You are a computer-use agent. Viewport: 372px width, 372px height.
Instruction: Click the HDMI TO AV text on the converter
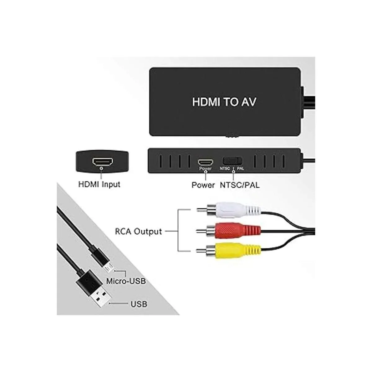click(x=224, y=102)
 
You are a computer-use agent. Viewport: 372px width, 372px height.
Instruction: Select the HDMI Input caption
click(x=99, y=184)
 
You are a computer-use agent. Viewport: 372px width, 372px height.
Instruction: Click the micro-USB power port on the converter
click(x=206, y=162)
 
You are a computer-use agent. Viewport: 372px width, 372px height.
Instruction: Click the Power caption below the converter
click(x=203, y=185)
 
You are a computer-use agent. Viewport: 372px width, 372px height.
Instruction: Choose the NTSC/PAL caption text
click(x=240, y=185)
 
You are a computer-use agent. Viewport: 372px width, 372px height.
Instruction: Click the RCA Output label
click(x=138, y=231)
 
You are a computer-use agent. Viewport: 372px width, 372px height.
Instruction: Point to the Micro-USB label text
click(x=126, y=281)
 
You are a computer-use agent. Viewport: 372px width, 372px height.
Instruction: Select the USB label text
click(x=139, y=304)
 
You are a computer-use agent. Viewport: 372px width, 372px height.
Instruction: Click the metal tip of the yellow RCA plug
click(x=201, y=250)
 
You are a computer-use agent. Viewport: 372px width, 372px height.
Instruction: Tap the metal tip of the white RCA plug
click(x=201, y=210)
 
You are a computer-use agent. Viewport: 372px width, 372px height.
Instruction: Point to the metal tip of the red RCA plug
click(x=201, y=231)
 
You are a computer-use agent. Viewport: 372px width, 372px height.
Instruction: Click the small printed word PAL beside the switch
click(x=240, y=168)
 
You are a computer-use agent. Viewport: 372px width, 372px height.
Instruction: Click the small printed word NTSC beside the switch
click(x=224, y=168)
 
